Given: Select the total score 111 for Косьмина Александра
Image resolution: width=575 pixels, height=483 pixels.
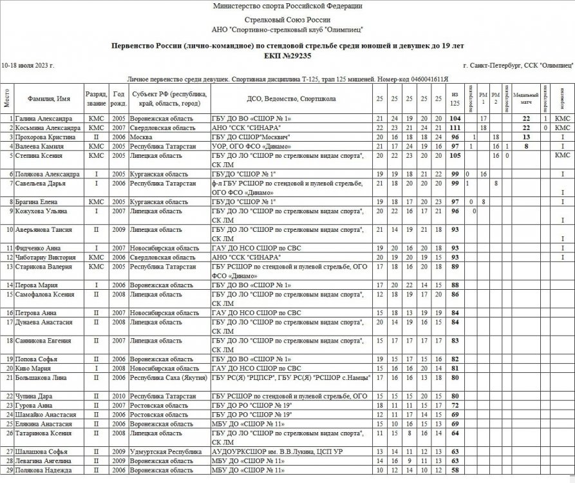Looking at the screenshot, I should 456,128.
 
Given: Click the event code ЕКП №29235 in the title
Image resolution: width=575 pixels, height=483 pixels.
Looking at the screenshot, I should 287,56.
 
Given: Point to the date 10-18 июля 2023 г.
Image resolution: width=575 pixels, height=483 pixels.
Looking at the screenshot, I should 28,66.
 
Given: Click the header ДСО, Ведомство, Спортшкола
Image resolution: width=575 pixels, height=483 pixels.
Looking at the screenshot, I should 291,99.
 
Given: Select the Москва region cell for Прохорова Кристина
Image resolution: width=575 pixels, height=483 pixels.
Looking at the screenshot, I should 141,137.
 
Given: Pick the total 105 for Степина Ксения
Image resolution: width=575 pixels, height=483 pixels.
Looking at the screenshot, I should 456,155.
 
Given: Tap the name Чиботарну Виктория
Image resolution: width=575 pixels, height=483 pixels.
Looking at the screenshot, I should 44,257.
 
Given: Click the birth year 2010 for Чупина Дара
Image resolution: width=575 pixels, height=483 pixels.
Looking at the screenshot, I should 118,395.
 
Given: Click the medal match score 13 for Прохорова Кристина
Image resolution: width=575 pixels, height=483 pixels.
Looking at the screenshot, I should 526,137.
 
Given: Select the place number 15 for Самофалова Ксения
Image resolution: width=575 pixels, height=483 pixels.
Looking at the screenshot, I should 8,294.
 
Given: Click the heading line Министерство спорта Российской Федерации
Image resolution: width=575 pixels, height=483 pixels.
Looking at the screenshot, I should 287,6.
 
